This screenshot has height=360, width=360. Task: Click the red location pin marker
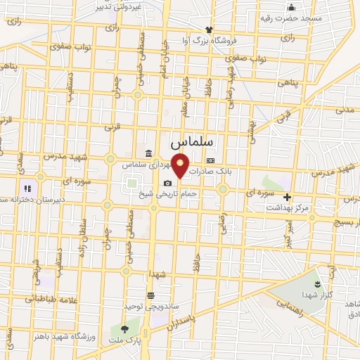[181, 166]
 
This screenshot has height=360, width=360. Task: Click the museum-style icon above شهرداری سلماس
[148, 153]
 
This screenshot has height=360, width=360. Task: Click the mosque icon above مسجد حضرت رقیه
[290, 8]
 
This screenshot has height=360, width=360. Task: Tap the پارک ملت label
[124, 340]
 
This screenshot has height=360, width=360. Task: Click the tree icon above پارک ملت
[124, 328]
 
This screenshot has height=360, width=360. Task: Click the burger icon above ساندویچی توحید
[150, 296]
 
